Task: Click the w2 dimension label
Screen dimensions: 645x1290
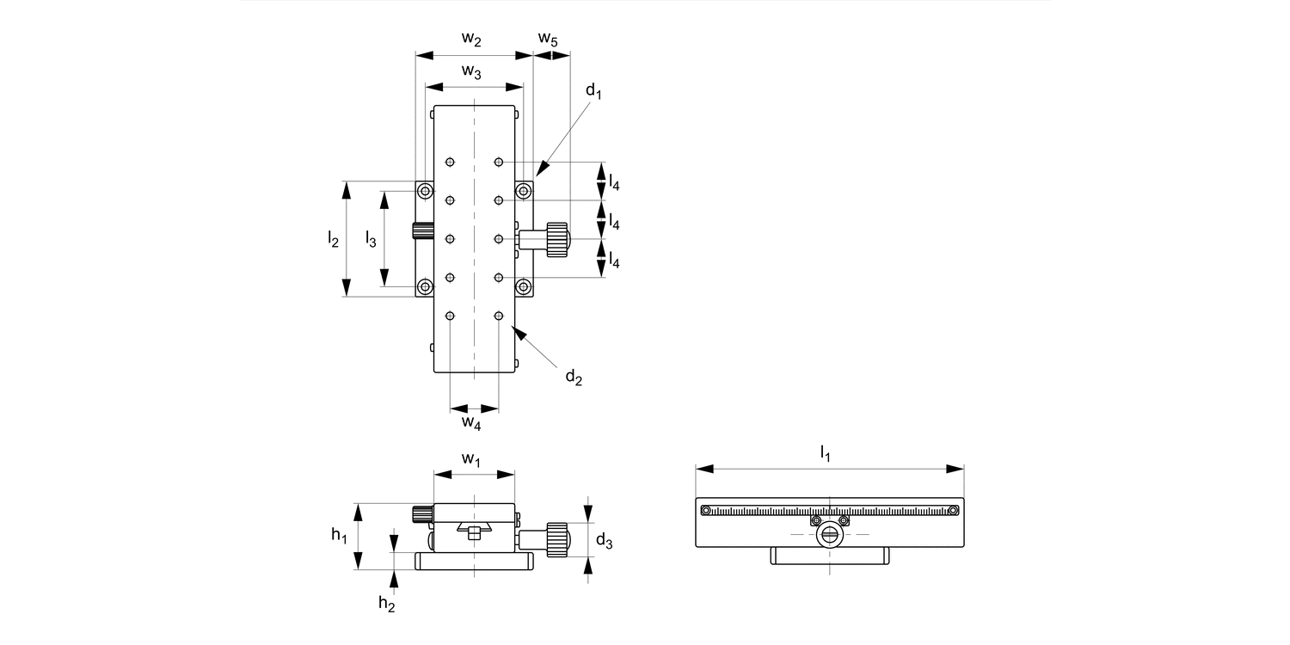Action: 471,39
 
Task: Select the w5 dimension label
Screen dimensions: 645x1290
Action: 548,39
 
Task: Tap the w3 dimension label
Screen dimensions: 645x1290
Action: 471,71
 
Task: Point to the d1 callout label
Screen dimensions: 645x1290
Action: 593,90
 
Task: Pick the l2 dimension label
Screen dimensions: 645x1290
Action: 333,239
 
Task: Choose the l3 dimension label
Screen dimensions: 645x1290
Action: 371,239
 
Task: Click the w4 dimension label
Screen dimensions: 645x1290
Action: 470,422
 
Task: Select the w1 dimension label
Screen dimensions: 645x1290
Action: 471,459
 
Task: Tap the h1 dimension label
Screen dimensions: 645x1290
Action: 339,536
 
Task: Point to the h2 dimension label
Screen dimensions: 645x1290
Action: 387,603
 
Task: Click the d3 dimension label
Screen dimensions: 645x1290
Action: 605,541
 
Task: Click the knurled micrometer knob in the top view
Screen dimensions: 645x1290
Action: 556,239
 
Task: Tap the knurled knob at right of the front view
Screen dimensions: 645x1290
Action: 556,539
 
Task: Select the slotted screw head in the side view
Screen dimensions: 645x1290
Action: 829,535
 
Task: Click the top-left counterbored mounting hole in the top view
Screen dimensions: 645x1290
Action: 425,190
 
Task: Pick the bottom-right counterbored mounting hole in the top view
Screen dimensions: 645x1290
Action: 523,286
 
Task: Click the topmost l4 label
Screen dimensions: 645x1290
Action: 614,182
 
